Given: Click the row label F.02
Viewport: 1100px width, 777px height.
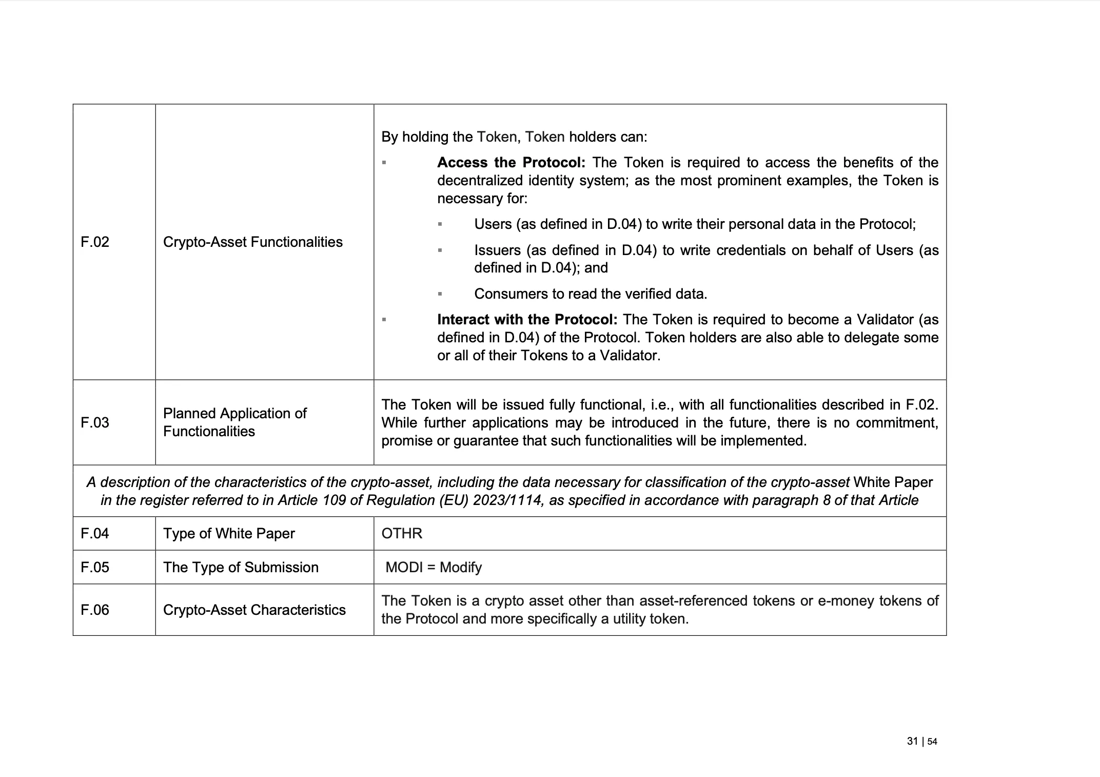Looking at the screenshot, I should coord(95,242).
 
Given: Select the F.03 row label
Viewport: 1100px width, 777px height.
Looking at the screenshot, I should coord(95,422).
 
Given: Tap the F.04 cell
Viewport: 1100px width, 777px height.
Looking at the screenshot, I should coord(95,533).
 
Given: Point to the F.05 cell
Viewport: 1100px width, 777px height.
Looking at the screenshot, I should coord(95,567).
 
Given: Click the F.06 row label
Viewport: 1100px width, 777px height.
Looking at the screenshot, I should coord(95,610).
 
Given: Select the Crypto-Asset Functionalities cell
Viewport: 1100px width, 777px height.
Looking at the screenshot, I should coord(252,242).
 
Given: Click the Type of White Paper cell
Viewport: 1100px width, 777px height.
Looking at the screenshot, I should coord(229,533).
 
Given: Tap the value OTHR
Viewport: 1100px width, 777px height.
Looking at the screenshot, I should coord(402,533).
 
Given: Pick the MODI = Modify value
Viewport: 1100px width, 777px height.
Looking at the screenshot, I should coord(434,567).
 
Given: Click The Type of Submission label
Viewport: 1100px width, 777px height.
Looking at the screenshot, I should coord(241,567).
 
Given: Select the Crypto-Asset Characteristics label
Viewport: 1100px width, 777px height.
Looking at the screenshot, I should coord(254,610).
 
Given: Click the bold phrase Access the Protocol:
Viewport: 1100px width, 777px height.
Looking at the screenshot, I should coord(511,163).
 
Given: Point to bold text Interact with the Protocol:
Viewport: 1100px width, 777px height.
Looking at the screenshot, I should coord(527,320).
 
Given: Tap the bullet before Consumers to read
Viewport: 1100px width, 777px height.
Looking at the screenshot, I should coord(440,294).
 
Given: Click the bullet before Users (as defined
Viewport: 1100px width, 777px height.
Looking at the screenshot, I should coord(440,224).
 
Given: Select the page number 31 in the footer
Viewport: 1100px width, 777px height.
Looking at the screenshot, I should coord(912,741).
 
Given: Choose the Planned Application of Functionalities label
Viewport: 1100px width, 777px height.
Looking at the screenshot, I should coord(234,422).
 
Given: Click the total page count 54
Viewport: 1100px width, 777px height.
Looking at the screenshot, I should coord(932,742).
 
